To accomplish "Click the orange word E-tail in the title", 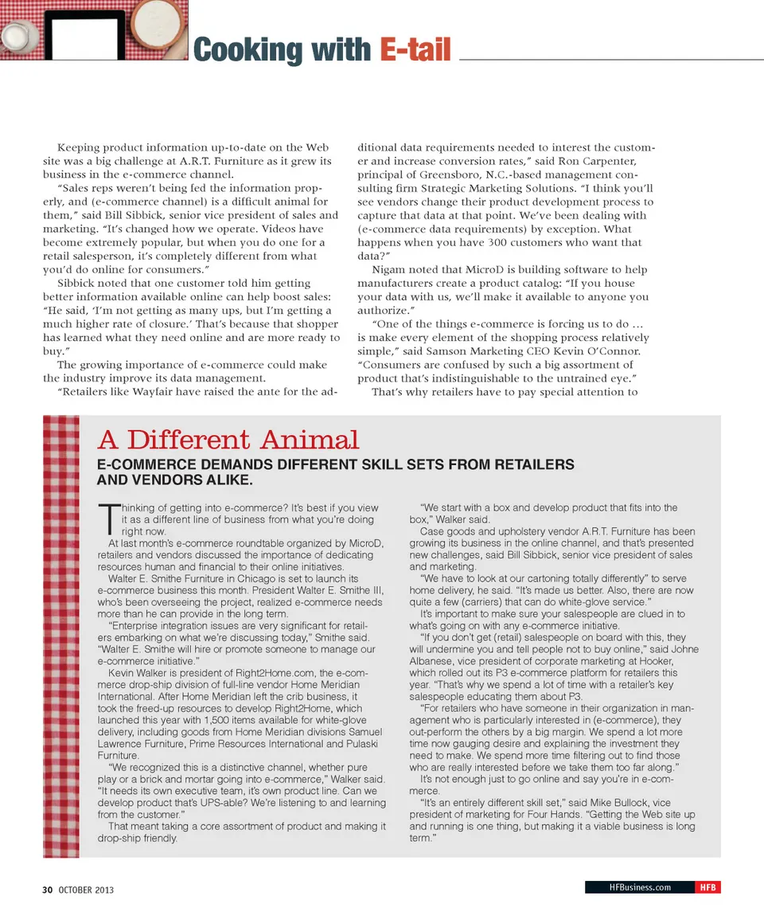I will pyautogui.click(x=415, y=49).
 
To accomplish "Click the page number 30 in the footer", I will pyautogui.click(x=47, y=889).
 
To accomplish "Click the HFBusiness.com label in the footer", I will pyautogui.click(x=639, y=887).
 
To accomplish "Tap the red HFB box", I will pyautogui.click(x=707, y=887).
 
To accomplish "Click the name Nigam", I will pyautogui.click(x=389, y=269).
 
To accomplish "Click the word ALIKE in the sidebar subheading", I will pyautogui.click(x=225, y=480).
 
